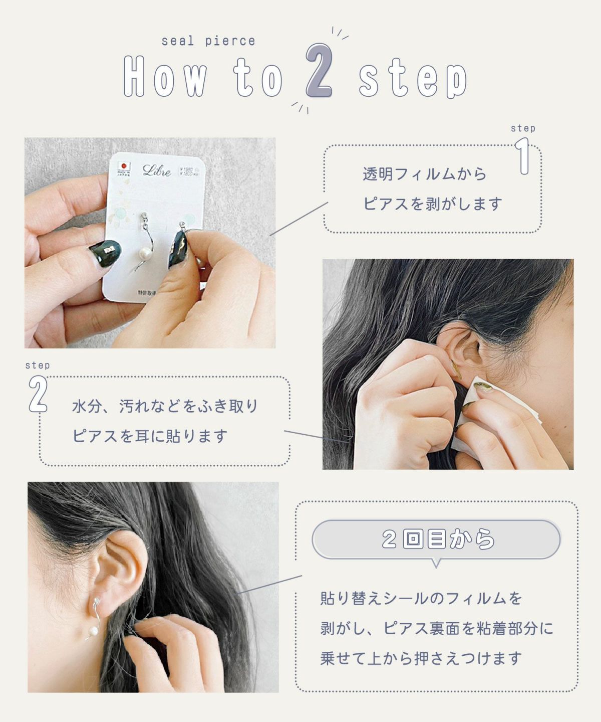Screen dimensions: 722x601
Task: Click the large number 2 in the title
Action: [x=319, y=71]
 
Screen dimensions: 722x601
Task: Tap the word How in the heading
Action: [x=165, y=76]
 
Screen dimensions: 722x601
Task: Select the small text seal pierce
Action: [x=208, y=41]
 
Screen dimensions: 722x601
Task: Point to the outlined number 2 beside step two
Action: [x=38, y=395]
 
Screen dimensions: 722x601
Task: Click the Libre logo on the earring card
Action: [x=157, y=170]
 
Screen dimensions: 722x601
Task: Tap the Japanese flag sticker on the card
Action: [x=123, y=166]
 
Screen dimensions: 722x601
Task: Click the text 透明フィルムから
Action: [x=425, y=174]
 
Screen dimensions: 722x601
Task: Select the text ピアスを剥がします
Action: [x=433, y=204]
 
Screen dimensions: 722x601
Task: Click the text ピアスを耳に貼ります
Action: [x=150, y=436]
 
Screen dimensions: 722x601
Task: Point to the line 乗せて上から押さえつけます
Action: [x=421, y=658]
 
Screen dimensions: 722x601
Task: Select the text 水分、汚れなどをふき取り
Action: [x=165, y=406]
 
